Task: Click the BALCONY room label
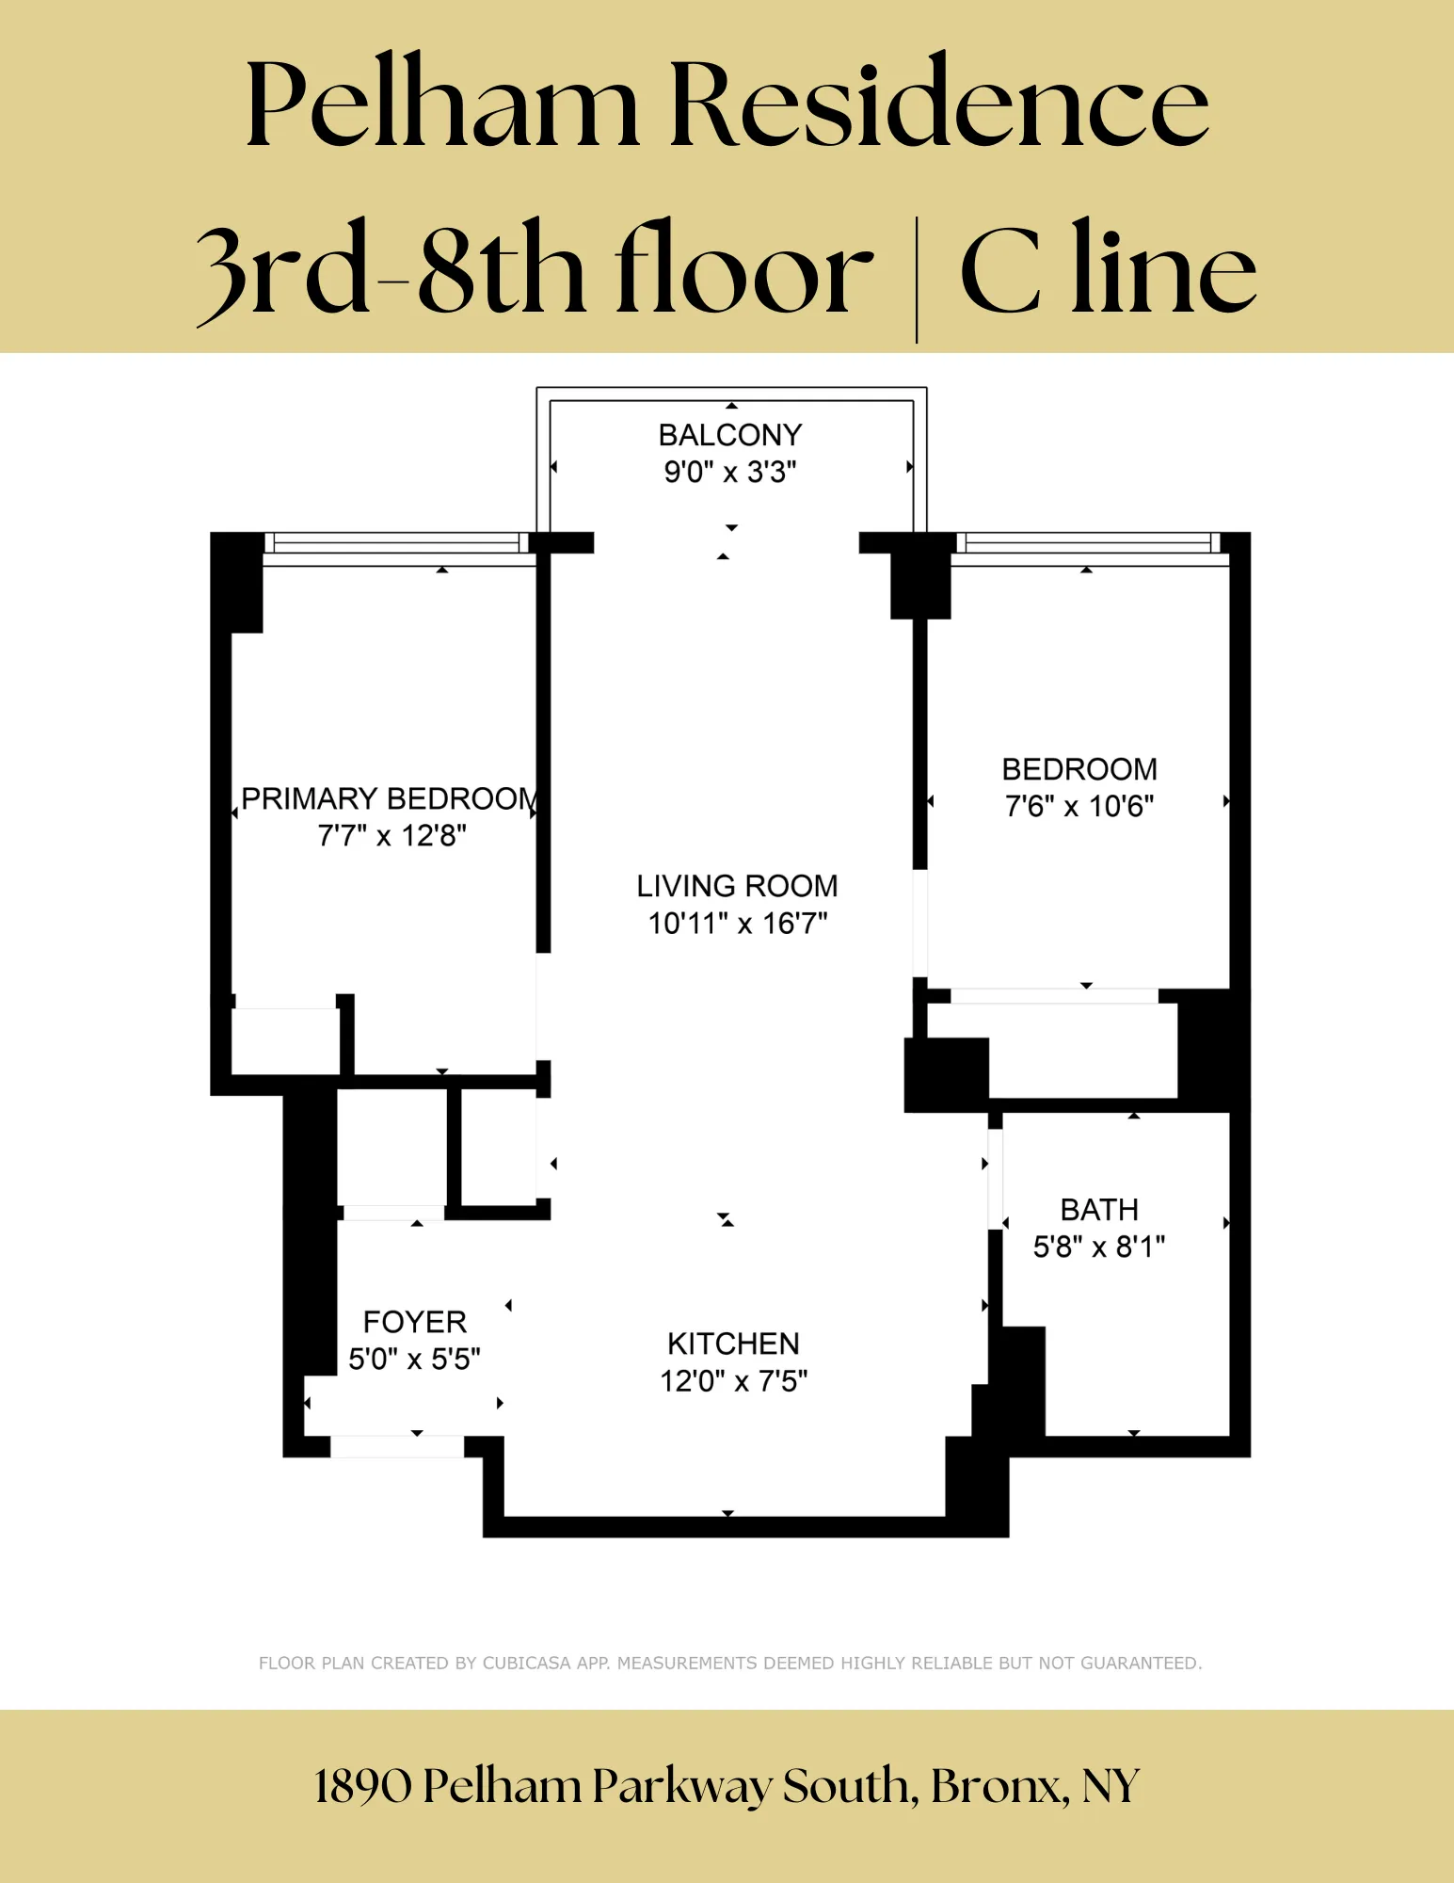pyautogui.click(x=729, y=435)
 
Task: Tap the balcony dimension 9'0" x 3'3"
pyautogui.click(x=729, y=472)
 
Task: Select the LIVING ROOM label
pyautogui.click(x=737, y=886)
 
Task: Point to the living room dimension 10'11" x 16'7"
pyautogui.click(x=737, y=924)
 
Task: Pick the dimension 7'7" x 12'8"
pyautogui.click(x=391, y=836)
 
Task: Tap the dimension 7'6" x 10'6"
pyautogui.click(x=1079, y=807)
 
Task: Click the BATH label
pyautogui.click(x=1098, y=1210)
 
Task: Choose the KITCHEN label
pyautogui.click(x=733, y=1344)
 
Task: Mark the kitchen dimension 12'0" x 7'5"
pyautogui.click(x=733, y=1381)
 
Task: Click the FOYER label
pyautogui.click(x=414, y=1322)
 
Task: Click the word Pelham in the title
pyautogui.click(x=442, y=104)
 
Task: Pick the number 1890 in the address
pyautogui.click(x=362, y=1786)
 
